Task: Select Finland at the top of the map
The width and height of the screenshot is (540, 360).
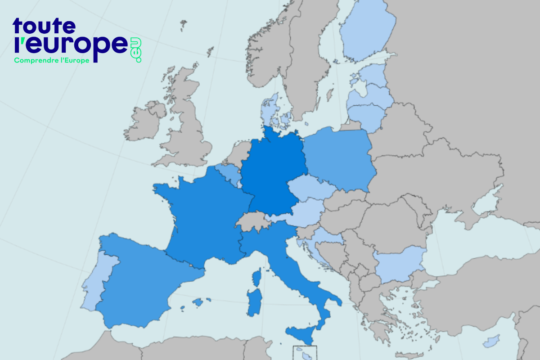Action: pos(367,31)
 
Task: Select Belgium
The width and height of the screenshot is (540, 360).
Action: pos(227,173)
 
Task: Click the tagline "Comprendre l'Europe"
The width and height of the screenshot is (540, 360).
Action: pos(52,60)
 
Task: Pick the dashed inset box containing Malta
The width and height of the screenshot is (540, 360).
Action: pos(305,352)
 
